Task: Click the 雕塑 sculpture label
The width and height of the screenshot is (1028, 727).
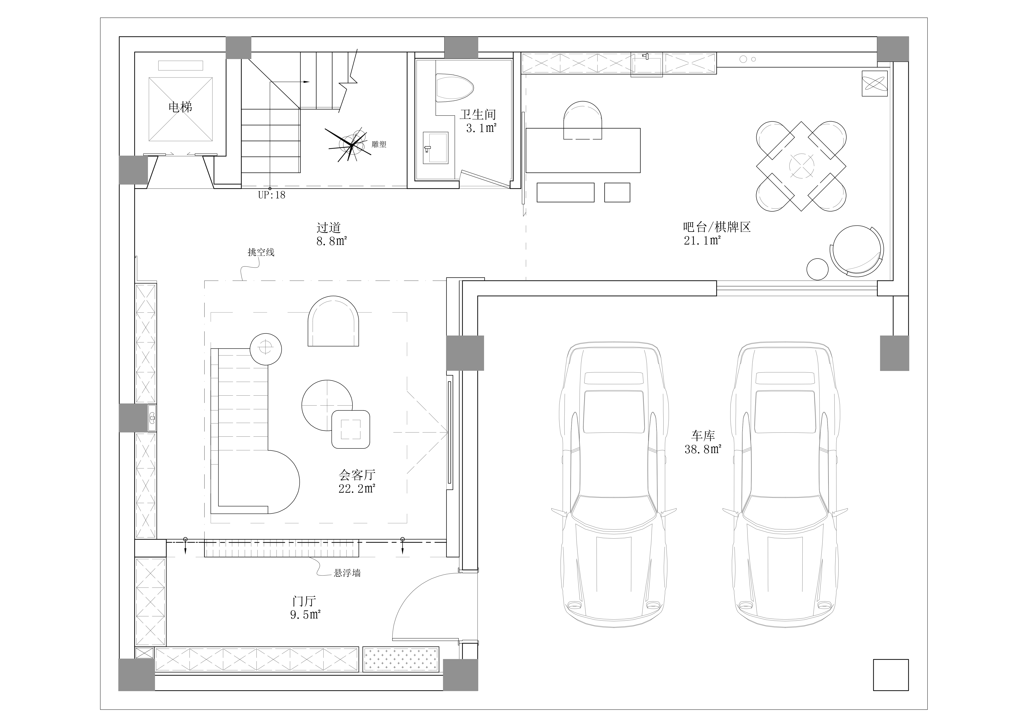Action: (379, 145)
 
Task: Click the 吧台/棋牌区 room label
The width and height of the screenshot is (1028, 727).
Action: (717, 227)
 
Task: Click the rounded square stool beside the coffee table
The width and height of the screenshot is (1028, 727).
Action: (351, 429)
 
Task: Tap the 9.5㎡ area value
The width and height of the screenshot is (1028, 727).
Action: (305, 615)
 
